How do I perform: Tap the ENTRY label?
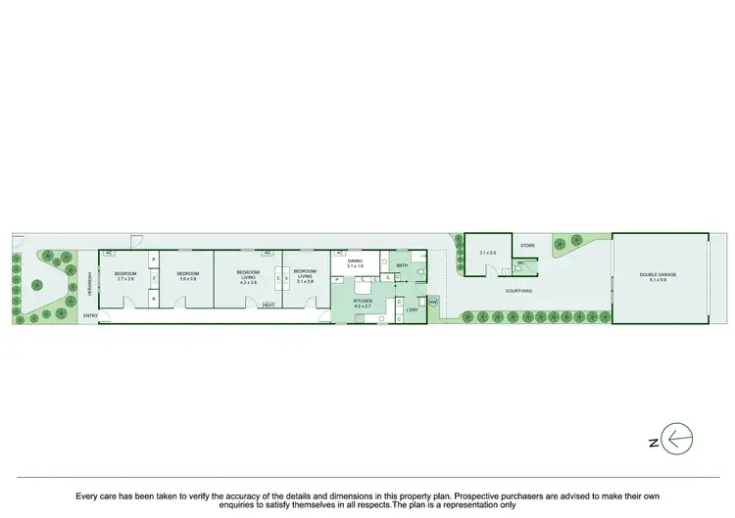click(x=90, y=315)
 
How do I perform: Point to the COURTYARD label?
click(x=518, y=292)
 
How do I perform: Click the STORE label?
click(x=526, y=245)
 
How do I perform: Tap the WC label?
click(x=521, y=263)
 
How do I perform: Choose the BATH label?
click(x=402, y=265)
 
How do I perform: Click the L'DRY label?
click(x=413, y=310)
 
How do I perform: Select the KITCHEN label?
click(x=362, y=301)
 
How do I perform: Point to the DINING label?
click(x=354, y=260)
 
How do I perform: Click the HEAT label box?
click(x=269, y=305)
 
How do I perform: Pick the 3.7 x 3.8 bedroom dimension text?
click(x=126, y=279)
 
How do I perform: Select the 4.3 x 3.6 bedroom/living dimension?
click(x=248, y=283)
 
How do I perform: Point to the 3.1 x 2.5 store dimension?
click(x=487, y=254)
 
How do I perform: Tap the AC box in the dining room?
click(x=338, y=253)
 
